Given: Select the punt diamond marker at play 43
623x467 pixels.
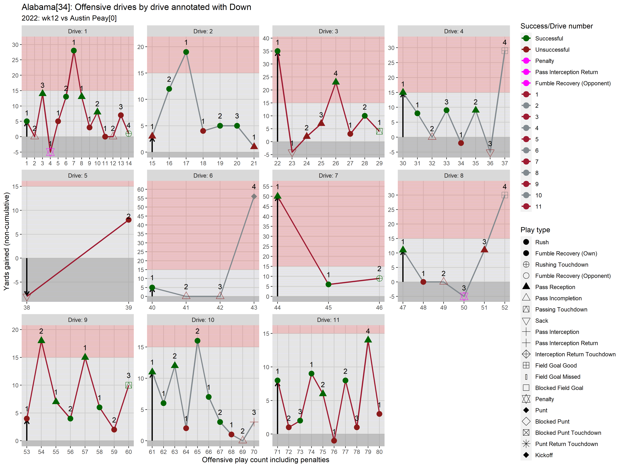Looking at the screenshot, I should coord(254,196).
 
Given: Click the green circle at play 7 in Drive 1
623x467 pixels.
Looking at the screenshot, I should coord(74,51).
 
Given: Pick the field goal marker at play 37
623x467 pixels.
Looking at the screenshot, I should coord(504,51).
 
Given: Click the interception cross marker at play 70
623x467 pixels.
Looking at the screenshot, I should coord(254,422).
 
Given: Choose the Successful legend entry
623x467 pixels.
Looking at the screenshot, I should coord(549,38).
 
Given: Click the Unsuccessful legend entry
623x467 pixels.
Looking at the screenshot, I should coord(552,50).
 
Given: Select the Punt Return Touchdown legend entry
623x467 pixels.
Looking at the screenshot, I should coord(566,444).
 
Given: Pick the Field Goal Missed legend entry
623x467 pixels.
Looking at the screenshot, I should coord(557,377).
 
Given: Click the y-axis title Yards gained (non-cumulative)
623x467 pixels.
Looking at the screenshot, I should coord(7,241).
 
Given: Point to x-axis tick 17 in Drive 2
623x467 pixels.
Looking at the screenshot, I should coord(186,163).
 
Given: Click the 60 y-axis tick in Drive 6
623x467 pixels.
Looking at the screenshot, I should coord(140,189).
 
